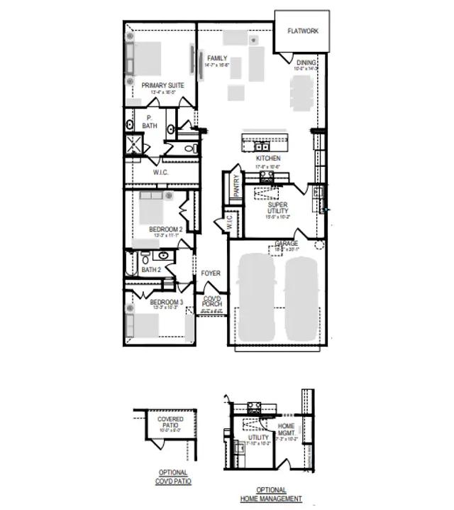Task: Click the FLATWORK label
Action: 302,31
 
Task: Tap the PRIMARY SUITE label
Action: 162,85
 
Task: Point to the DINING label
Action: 306,63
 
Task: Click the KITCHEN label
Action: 268,158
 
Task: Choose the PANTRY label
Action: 236,186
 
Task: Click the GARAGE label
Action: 287,244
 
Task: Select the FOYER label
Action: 211,273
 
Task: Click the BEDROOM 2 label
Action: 166,229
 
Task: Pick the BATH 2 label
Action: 151,270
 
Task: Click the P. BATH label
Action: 149,122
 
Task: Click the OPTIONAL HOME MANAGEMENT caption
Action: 270,494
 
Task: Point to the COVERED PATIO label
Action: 170,423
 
